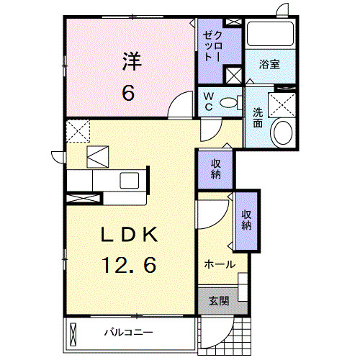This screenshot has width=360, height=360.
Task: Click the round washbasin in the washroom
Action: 282,132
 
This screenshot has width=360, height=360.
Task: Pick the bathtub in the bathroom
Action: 270,35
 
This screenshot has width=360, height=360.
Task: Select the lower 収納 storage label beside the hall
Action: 246,220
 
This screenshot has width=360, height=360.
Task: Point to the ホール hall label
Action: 220,264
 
